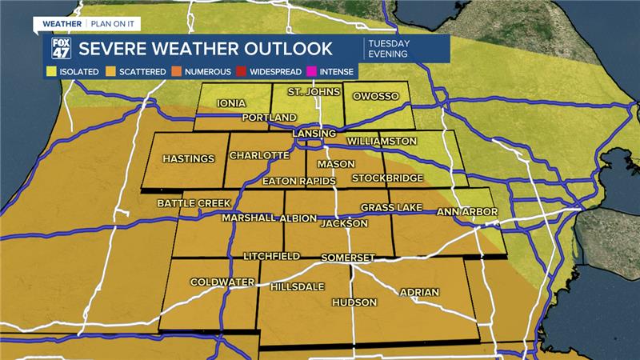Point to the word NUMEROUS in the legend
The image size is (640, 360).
(207, 72)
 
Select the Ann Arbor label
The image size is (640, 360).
(467, 212)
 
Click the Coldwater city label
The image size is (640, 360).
(222, 282)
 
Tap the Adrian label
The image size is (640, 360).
(418, 292)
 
